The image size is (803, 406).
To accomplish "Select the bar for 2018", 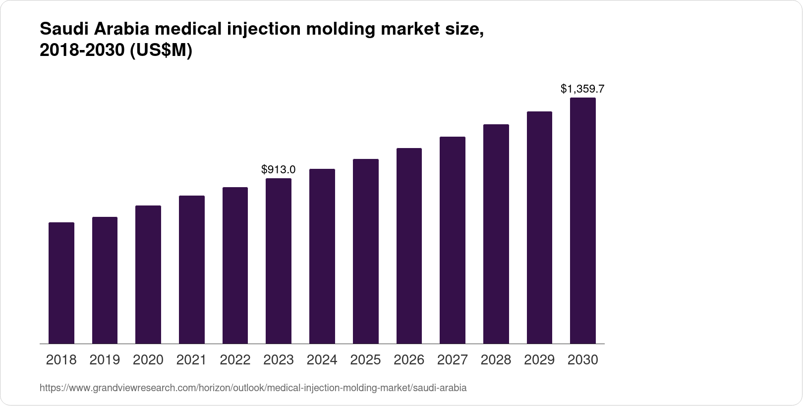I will pyautogui.click(x=61, y=283).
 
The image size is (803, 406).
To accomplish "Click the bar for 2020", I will pyautogui.click(x=148, y=274).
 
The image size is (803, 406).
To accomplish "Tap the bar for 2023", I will pyautogui.click(x=279, y=261).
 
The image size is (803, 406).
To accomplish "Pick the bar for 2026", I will pyautogui.click(x=409, y=246).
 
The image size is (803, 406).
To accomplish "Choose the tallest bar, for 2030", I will pyautogui.click(x=583, y=220).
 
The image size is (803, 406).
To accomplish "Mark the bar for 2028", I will pyautogui.click(x=496, y=234).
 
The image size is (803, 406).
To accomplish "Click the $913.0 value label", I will pyautogui.click(x=279, y=170).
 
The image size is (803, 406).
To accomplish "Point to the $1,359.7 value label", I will pyautogui.click(x=582, y=89).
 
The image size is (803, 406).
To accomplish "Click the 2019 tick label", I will pyautogui.click(x=105, y=360).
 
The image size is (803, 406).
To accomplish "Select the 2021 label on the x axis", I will pyautogui.click(x=191, y=360).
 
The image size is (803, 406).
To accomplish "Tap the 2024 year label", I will pyautogui.click(x=322, y=360).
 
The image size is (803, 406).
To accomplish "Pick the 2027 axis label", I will pyautogui.click(x=452, y=360).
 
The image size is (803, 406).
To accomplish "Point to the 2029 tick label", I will pyautogui.click(x=539, y=360).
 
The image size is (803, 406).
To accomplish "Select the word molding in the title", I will pyautogui.click(x=340, y=30).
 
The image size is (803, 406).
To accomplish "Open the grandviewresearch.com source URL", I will pyautogui.click(x=253, y=388).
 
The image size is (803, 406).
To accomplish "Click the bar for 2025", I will pyautogui.click(x=365, y=251).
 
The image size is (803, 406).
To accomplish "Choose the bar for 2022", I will pyautogui.click(x=235, y=265).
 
